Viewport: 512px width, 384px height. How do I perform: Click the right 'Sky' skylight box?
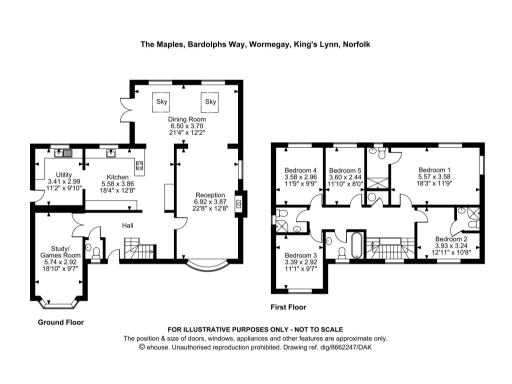[x=210, y=102]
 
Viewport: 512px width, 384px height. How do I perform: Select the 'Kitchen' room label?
[x=119, y=177]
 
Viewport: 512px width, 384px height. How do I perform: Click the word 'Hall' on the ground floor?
[x=128, y=225]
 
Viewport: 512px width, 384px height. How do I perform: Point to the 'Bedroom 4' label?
[x=300, y=170]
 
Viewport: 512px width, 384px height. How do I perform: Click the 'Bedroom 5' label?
[x=345, y=170]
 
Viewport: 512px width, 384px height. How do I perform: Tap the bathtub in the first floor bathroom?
[x=357, y=243]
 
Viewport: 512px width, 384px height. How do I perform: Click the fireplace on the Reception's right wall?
[x=238, y=198]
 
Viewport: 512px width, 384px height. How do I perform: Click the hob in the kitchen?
[x=140, y=166]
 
